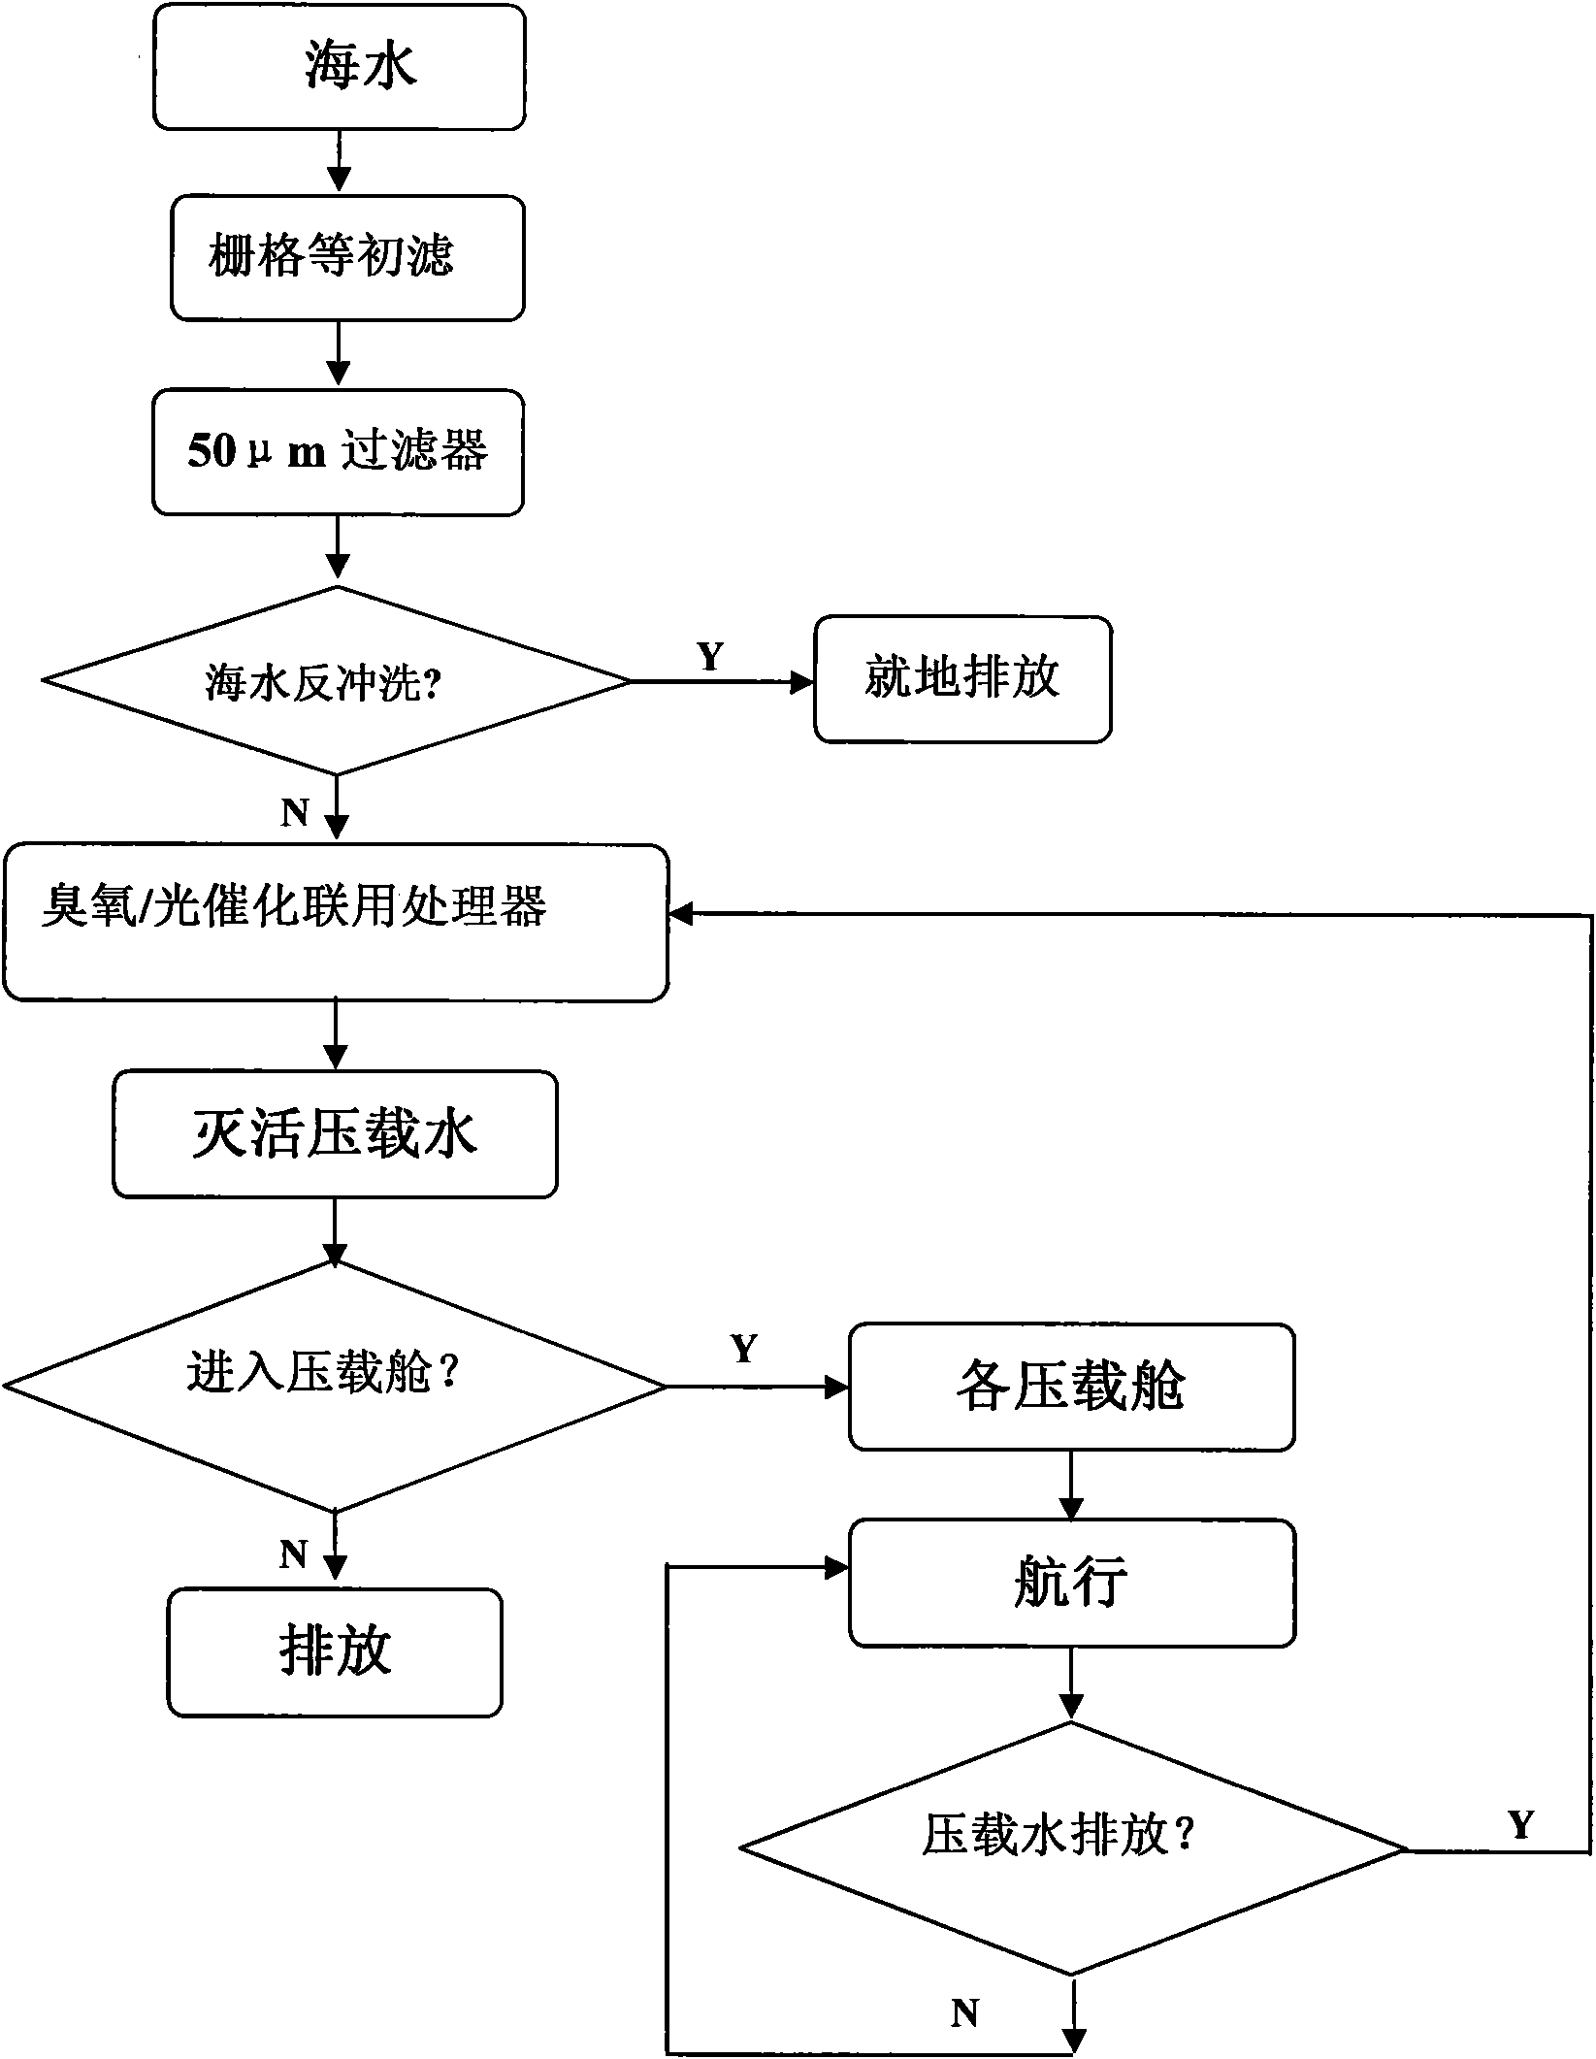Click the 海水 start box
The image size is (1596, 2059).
point(340,67)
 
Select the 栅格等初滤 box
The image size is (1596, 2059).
point(347,258)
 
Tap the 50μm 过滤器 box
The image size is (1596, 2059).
point(338,452)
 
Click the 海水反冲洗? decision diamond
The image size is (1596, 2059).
point(337,681)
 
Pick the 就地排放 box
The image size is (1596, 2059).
point(962,679)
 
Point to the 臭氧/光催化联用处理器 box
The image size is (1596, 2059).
point(336,923)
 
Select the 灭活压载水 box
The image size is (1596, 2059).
point(335,1134)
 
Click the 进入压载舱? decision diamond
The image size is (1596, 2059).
point(335,1388)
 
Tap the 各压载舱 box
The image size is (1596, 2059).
point(1071,1388)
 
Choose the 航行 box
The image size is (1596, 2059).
point(1071,1584)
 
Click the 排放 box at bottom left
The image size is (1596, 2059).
point(335,1652)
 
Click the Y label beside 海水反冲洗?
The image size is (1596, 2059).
point(710,657)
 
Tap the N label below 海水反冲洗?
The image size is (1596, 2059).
point(295,812)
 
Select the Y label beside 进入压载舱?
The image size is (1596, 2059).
point(744,1349)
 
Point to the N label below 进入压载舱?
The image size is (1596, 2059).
point(293,1554)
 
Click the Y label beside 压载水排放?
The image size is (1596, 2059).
point(1520,1825)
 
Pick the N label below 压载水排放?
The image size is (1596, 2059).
point(964,2014)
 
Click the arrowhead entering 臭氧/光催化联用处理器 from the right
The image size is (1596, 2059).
point(681,914)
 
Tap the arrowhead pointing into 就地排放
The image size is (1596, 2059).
point(802,682)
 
